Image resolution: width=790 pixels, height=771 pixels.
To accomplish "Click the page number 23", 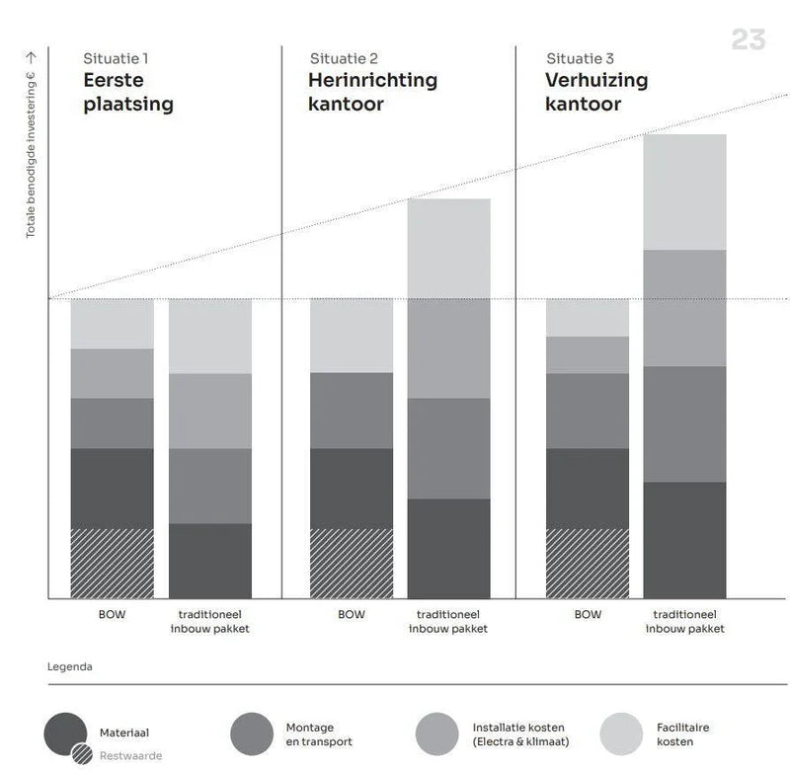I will point(748,39).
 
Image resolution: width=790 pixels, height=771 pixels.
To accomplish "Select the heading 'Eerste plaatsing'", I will point(127,92).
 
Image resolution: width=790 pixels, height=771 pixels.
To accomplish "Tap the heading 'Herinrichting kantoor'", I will point(372,92).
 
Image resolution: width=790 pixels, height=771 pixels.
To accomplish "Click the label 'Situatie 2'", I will point(344,58).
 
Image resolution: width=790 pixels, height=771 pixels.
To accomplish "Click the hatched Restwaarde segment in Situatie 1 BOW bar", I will point(112,563).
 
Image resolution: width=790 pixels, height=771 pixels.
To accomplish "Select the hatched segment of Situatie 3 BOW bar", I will point(588,563).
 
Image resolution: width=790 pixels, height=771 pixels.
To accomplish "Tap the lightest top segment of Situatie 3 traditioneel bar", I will point(684,192).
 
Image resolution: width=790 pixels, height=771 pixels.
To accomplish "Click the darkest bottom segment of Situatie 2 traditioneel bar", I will point(448,548).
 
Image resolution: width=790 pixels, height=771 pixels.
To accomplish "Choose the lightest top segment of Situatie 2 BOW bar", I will point(352,335).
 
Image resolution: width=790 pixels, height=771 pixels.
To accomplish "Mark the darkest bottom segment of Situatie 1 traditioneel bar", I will point(209,560).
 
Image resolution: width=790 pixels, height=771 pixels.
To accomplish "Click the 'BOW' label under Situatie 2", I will point(352,615).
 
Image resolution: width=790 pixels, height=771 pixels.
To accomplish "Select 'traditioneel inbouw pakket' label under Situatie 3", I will point(684,621).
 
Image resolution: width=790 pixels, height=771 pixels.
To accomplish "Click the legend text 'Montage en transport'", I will point(318,734).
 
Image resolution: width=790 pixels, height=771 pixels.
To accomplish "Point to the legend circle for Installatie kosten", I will point(437,734).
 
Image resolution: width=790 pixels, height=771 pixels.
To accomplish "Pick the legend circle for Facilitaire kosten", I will point(622,734).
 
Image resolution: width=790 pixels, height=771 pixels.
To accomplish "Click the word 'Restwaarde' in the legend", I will point(130,756).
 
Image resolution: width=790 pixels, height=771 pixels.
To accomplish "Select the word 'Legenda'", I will point(70,666).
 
